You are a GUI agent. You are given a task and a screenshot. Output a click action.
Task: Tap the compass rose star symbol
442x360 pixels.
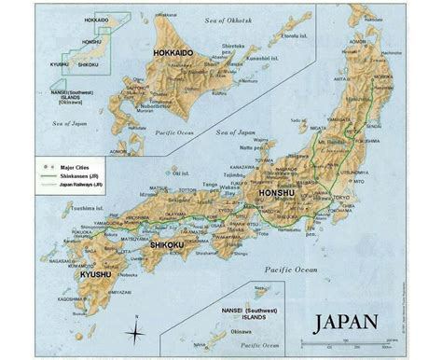coord(136,334)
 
